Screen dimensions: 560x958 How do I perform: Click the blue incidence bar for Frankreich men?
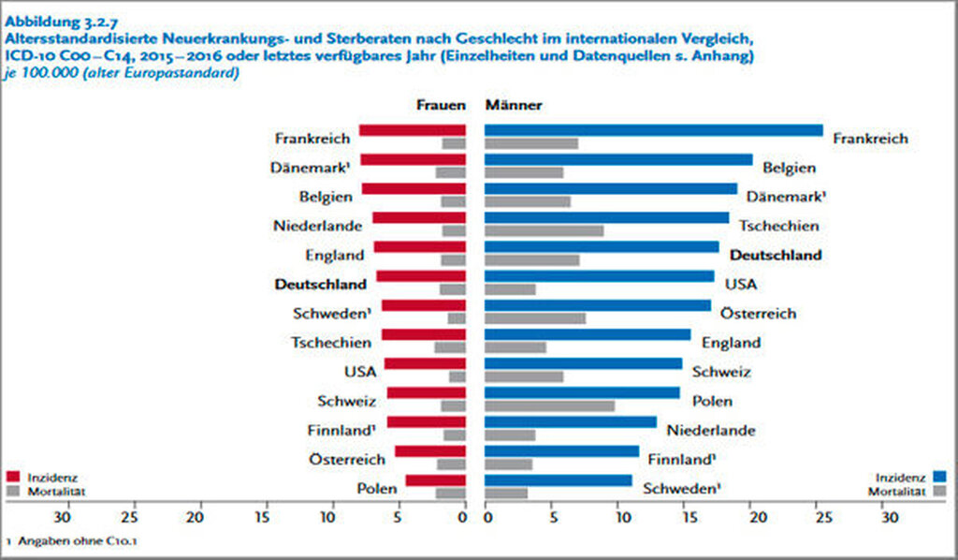(653, 130)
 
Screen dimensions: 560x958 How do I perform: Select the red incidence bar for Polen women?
(435, 480)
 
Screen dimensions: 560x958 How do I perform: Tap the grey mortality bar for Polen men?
(506, 493)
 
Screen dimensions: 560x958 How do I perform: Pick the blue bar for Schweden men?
(558, 480)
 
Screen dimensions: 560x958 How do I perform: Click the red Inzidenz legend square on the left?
(13, 477)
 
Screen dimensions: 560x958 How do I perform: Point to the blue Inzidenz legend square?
(939, 477)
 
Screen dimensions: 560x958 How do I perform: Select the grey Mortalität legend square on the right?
(939, 491)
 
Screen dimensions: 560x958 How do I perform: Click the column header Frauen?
(440, 106)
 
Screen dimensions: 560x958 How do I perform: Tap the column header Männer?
(514, 106)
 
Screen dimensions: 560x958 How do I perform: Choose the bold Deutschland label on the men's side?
(776, 255)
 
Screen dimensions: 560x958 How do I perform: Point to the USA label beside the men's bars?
(741, 284)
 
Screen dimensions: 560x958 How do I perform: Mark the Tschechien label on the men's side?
(778, 226)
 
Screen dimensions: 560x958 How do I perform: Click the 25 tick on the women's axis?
(131, 517)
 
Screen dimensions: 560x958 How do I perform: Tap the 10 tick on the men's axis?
(619, 517)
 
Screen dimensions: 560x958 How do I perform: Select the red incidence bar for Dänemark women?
(413, 159)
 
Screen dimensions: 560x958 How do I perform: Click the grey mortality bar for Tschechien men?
(544, 230)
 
